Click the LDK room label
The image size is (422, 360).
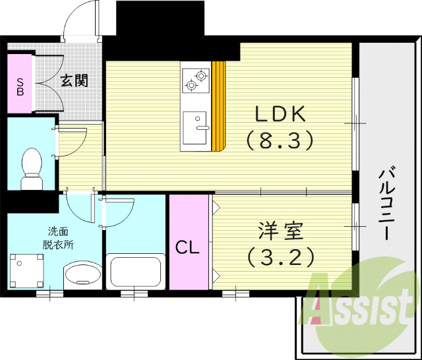pyautogui.click(x=280, y=114)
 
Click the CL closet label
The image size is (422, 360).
pyautogui.click(x=187, y=248)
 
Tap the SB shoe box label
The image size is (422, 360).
pyautogui.click(x=20, y=86)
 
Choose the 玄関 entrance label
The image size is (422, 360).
pyautogui.click(x=74, y=81)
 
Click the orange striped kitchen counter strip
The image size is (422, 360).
pyautogui.click(x=219, y=105)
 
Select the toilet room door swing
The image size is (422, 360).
pyautogui.click(x=71, y=140)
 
